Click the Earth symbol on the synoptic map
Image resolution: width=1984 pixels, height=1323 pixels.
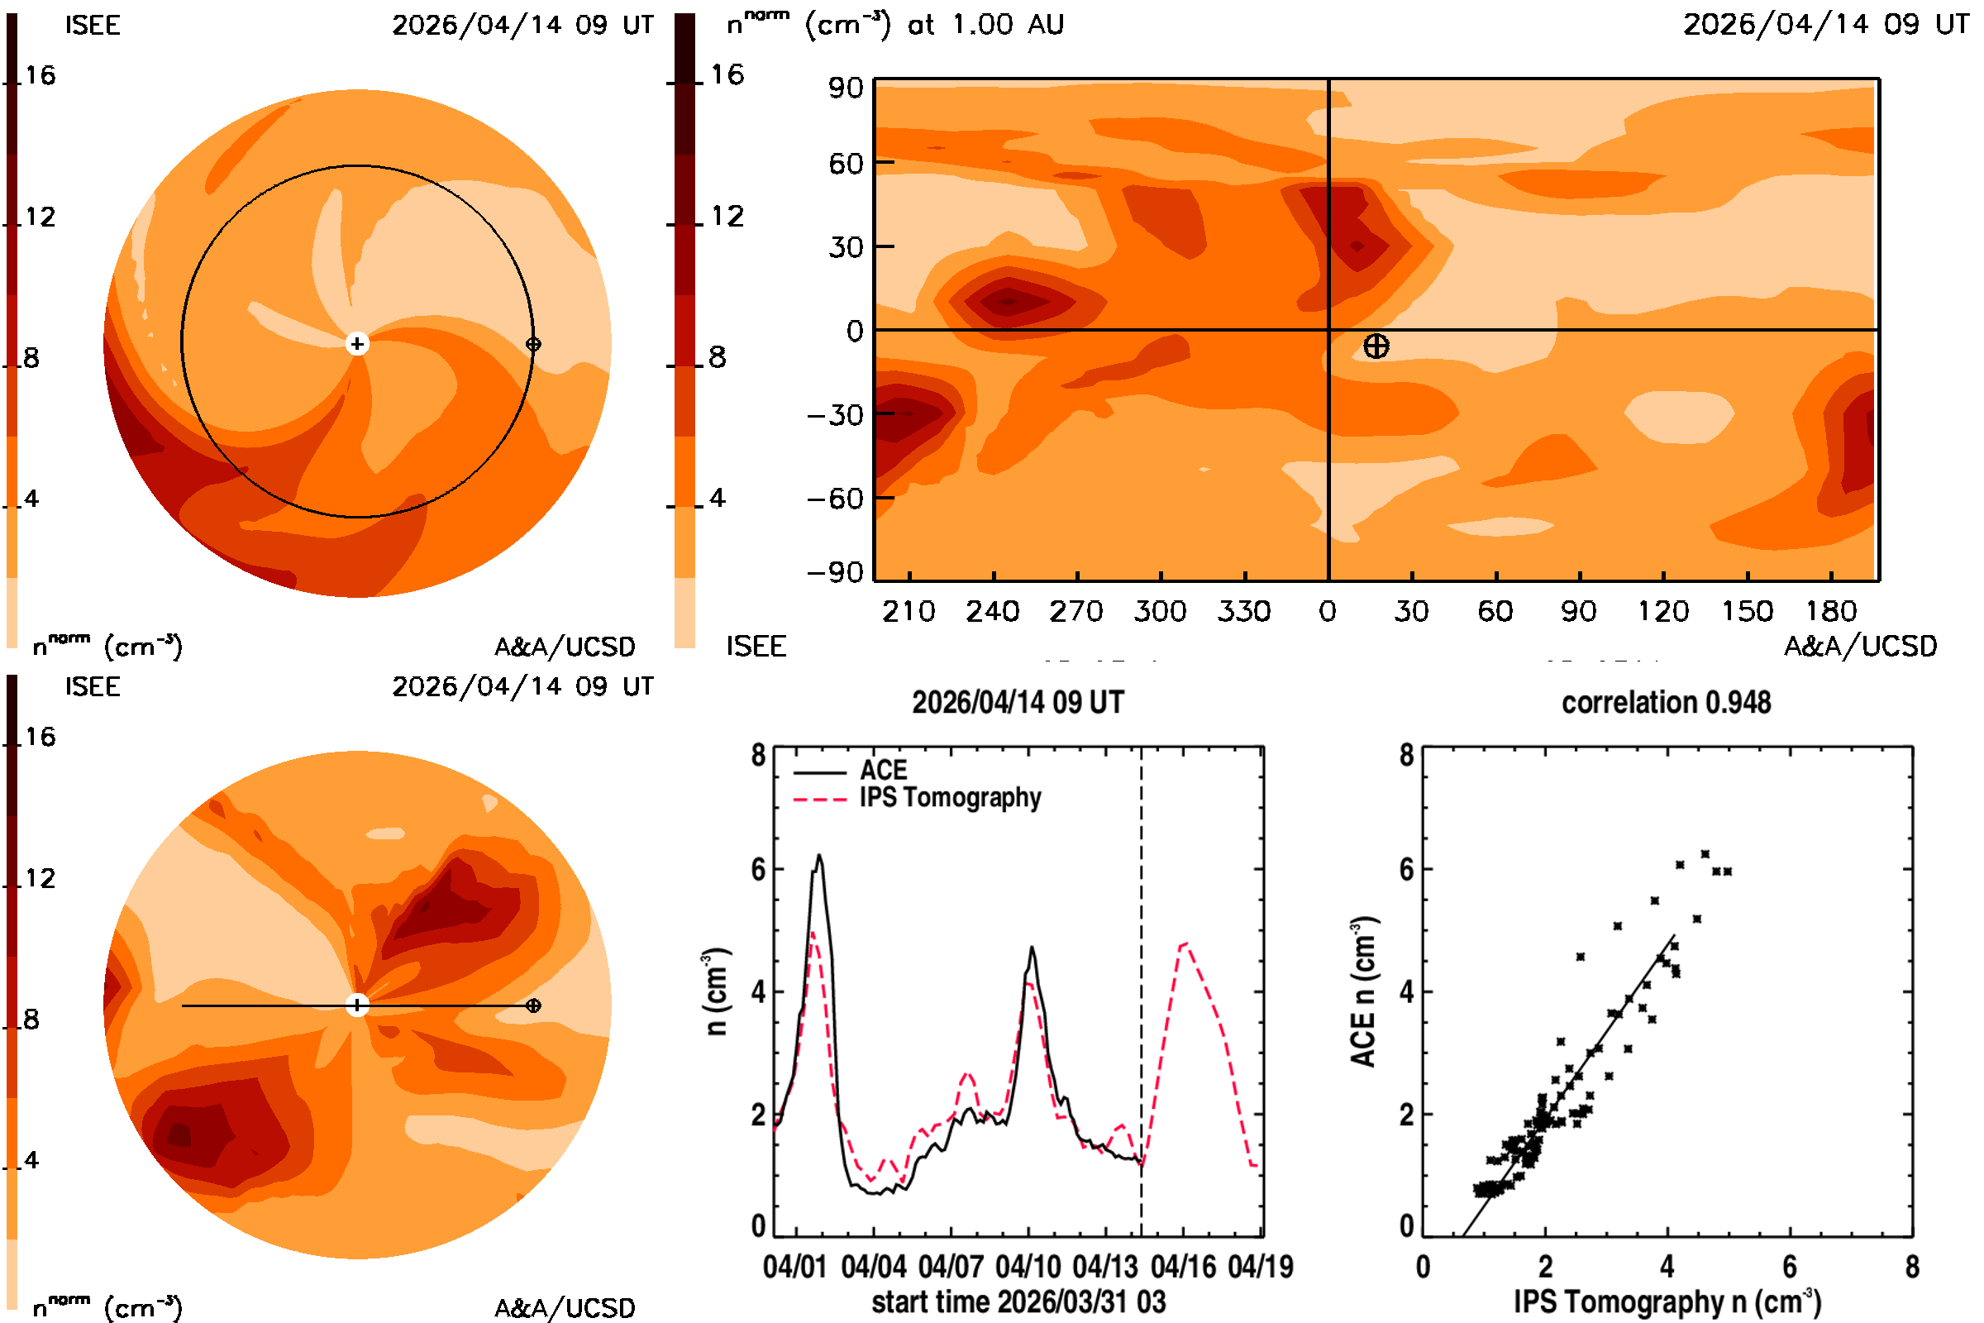pos(1376,346)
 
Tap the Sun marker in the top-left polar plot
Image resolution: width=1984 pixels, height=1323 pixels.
pos(358,343)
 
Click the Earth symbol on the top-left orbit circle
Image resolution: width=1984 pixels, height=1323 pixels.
pos(533,344)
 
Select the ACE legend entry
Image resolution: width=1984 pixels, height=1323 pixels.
pos(851,771)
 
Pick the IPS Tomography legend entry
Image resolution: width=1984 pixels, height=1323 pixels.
pos(917,798)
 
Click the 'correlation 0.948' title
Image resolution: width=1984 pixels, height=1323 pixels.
pos(1666,702)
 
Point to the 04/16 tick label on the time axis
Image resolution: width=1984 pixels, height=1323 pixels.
pos(1183,1267)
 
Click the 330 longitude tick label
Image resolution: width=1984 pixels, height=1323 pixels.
pos(1244,611)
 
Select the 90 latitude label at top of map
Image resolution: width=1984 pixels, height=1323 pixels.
pos(845,88)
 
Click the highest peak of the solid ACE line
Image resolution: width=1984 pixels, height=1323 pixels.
pos(818,856)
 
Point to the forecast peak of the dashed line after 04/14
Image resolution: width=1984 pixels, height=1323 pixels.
pos(1186,943)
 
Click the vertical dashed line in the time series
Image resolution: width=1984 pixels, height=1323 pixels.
pos(1142,991)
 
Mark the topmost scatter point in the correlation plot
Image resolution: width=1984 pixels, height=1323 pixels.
pos(1705,854)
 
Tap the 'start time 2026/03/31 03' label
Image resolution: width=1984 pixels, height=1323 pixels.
pos(1019,1302)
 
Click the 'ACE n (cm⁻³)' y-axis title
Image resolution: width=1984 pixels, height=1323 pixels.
pos(1364,991)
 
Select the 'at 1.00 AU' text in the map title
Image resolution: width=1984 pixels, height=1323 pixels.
pos(985,25)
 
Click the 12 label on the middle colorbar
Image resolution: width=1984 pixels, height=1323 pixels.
pos(727,216)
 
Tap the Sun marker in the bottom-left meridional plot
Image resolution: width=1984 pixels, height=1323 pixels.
pos(358,1005)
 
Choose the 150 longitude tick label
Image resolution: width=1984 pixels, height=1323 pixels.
pos(1746,611)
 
